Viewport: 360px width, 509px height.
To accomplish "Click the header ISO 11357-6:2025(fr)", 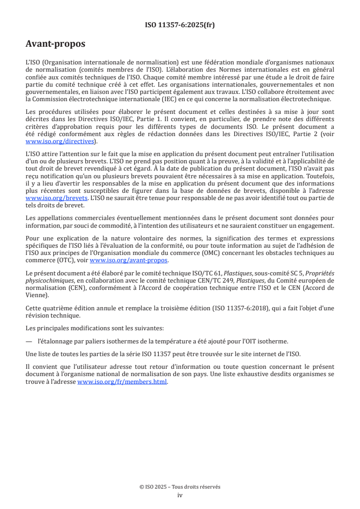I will [180, 25].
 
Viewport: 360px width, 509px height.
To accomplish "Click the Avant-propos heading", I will [55, 44].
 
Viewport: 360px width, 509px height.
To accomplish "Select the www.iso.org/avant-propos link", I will [129, 260].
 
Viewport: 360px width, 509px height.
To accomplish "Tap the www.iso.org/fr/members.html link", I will [123, 382].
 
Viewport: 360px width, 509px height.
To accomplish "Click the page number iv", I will [180, 495].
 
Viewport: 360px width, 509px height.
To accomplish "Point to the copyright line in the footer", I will [180, 487].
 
